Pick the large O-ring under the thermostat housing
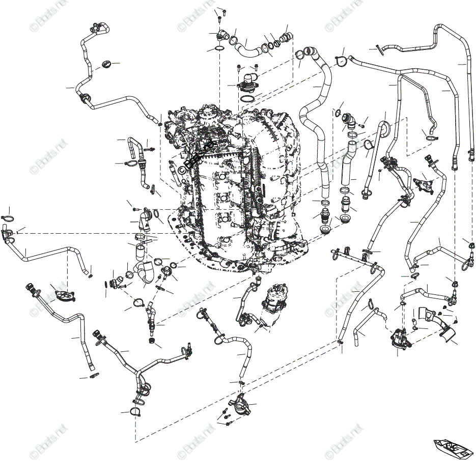pos(248,98)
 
